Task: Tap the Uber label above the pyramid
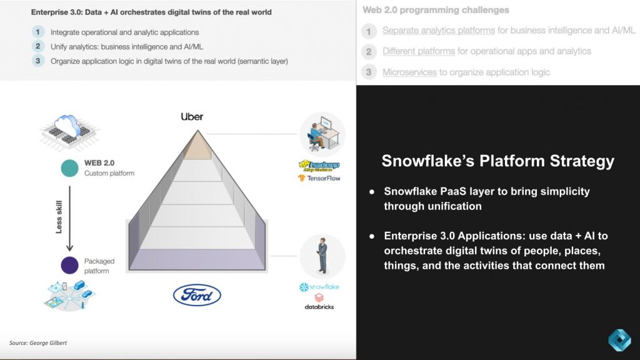(192, 116)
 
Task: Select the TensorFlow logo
(319, 178)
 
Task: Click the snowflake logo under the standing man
(319, 287)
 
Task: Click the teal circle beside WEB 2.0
(69, 168)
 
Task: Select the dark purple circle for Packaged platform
(69, 265)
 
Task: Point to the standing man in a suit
(322, 256)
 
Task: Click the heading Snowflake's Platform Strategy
(497, 161)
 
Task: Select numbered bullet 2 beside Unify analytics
(38, 46)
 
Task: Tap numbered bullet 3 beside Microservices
(369, 72)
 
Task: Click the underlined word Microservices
(409, 72)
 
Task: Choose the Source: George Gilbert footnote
(37, 343)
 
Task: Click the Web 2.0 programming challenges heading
(436, 10)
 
